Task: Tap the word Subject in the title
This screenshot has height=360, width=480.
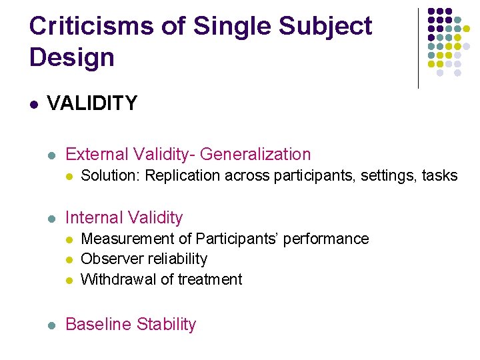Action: [326, 27]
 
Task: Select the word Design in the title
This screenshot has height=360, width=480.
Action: [72, 57]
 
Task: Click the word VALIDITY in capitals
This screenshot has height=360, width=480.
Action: [92, 103]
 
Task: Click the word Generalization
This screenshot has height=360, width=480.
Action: [255, 155]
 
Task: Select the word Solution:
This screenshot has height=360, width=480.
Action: [110, 176]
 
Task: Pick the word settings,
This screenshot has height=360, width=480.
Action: [387, 176]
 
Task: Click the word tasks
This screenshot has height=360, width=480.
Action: [440, 176]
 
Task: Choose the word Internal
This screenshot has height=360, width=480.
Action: [94, 218]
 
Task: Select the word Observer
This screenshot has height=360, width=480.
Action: [109, 259]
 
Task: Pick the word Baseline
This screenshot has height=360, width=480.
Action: [99, 325]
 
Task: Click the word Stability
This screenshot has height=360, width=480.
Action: [166, 325]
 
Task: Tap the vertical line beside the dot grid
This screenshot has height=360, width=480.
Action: [418, 48]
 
